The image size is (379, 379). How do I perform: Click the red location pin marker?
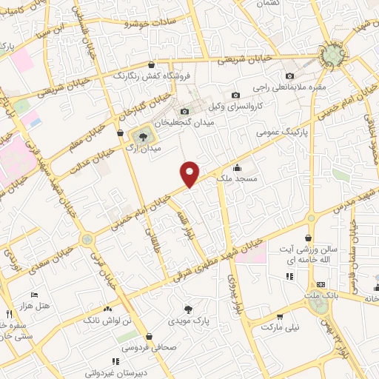pyautogui.click(x=190, y=173)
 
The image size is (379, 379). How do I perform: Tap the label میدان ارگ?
pyautogui.click(x=139, y=149)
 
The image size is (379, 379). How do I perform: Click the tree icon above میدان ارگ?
pyautogui.click(x=139, y=135)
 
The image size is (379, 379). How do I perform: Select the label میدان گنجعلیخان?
pyautogui.click(x=184, y=122)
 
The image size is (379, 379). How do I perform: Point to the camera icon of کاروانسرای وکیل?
pyautogui.click(x=235, y=95)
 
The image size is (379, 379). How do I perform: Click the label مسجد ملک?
pyautogui.click(x=236, y=178)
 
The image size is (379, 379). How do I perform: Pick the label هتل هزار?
pyautogui.click(x=33, y=304)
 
